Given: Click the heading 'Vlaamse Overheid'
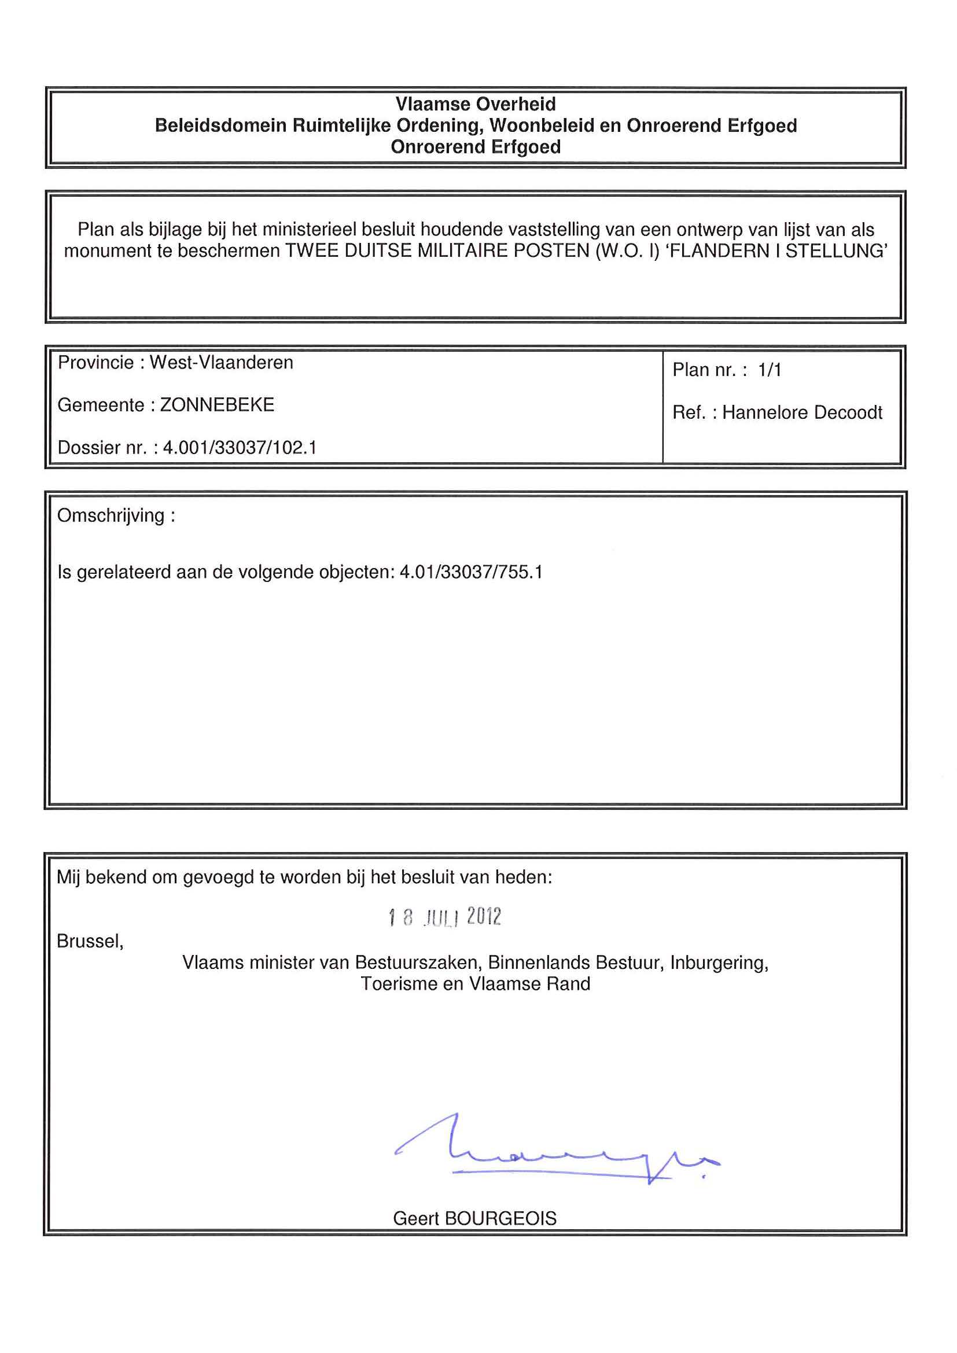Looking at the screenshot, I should click(x=476, y=104).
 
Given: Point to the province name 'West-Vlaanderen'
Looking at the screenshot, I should click(x=221, y=363).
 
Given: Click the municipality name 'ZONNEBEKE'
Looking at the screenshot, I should click(x=217, y=405).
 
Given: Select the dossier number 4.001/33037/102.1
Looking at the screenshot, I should click(x=240, y=448).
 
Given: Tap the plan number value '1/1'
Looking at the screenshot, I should click(x=770, y=370).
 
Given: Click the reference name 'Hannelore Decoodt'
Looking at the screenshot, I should click(x=802, y=412).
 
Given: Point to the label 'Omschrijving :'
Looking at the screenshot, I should click(x=116, y=515).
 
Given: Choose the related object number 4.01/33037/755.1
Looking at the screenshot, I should click(x=471, y=572).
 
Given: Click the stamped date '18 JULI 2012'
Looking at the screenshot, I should click(x=445, y=917).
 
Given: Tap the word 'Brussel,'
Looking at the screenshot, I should click(x=90, y=941).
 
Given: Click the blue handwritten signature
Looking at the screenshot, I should click(x=554, y=1152).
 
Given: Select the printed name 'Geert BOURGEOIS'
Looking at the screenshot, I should click(x=474, y=1218).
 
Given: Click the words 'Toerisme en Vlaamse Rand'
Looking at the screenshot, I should click(x=476, y=983).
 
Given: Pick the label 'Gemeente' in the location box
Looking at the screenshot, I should click(x=100, y=405).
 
